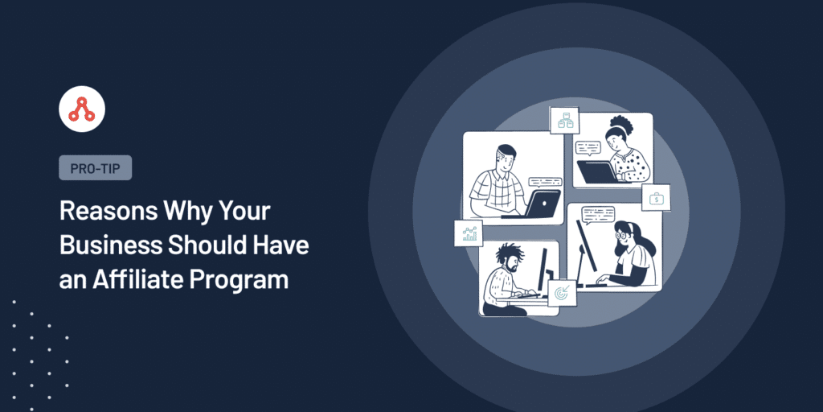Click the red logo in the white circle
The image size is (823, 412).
click(81, 109)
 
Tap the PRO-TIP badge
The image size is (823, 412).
click(95, 168)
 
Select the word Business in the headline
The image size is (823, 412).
click(109, 245)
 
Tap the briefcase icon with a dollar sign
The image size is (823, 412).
click(656, 198)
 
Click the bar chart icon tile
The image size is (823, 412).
click(469, 233)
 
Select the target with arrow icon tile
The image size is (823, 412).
click(562, 294)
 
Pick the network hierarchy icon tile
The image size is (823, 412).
click(564, 121)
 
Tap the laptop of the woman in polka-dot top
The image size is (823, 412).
click(597, 172)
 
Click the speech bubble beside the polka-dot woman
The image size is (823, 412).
click(587, 148)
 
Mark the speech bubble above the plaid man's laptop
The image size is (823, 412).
click(545, 182)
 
